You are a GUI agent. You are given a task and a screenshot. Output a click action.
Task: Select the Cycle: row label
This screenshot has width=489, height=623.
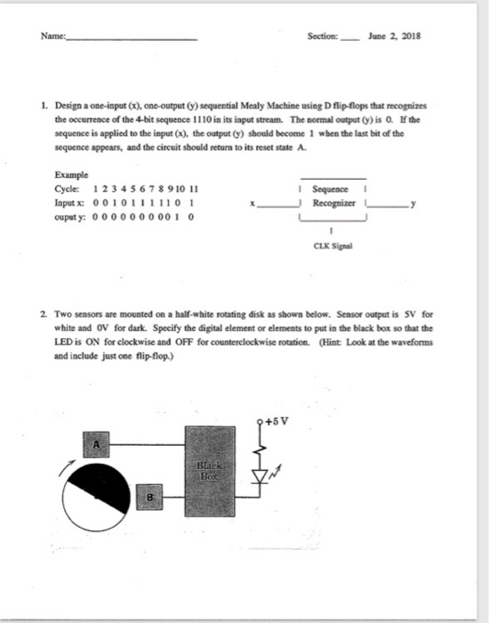click(x=69, y=190)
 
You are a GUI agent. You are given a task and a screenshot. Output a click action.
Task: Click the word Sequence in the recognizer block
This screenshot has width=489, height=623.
click(x=332, y=190)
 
